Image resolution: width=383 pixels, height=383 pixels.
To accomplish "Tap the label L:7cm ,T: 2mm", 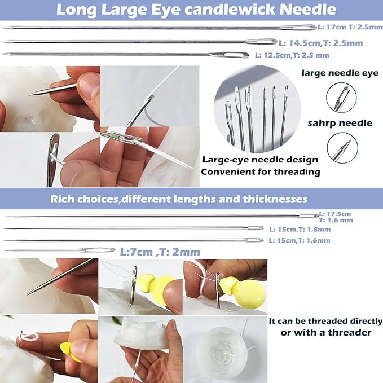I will (160, 252).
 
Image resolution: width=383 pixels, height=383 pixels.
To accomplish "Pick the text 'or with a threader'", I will (326, 332).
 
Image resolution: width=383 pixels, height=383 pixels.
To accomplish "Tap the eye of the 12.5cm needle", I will (237, 55).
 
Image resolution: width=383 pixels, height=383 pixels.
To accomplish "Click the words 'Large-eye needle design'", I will (260, 160).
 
